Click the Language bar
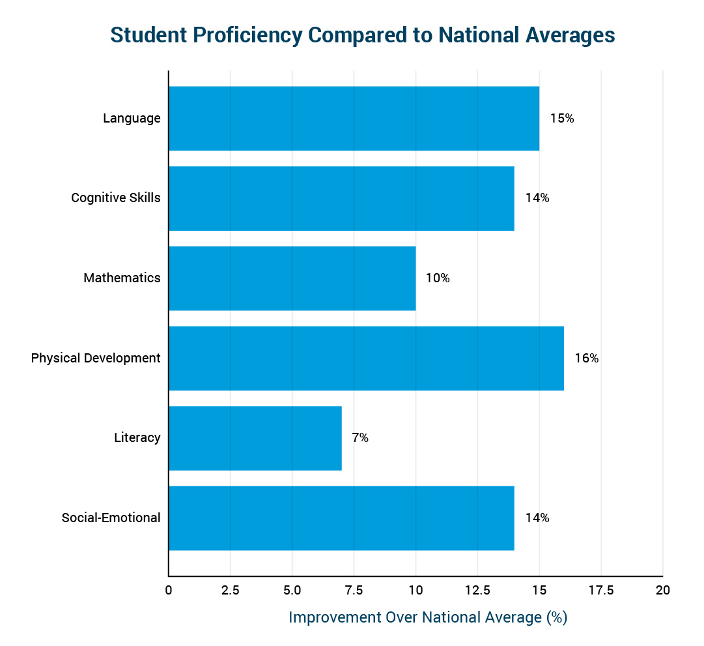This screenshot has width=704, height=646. click(354, 119)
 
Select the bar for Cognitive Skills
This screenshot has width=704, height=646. click(341, 198)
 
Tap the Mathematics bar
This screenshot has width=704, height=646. click(292, 278)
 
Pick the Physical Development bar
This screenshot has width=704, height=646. click(366, 358)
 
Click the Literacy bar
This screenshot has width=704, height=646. click(255, 438)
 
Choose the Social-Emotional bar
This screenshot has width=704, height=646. click(341, 518)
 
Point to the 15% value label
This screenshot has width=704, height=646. click(561, 119)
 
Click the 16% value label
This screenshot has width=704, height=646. click(586, 358)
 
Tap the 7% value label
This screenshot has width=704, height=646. click(360, 438)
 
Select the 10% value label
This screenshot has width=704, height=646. click(438, 278)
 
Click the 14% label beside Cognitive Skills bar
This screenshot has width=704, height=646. click(537, 198)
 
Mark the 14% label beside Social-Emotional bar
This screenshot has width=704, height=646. click(537, 518)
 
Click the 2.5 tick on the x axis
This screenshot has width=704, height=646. click(230, 591)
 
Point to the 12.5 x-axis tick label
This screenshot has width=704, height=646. click(477, 591)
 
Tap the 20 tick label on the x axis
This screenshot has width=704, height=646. click(662, 591)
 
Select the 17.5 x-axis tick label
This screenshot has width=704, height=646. click(600, 591)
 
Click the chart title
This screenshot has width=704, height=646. click(363, 35)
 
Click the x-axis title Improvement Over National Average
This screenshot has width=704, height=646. click(428, 617)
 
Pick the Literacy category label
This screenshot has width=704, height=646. click(137, 438)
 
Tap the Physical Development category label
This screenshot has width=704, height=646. click(96, 358)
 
